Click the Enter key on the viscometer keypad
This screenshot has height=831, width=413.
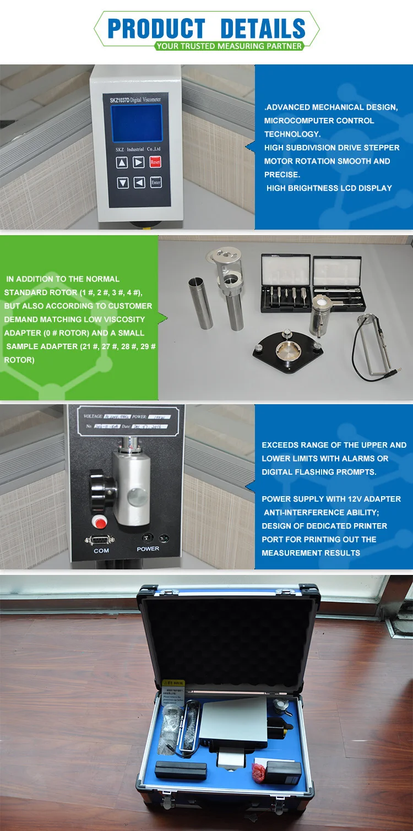(156, 182)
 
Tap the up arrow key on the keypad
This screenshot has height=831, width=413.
(122, 162)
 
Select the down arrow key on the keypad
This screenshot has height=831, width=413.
(123, 183)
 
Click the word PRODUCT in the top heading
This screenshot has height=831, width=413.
(156, 29)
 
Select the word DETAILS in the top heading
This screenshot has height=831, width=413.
(263, 29)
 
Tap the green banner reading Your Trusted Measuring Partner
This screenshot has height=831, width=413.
(229, 46)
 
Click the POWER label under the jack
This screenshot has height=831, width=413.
(148, 548)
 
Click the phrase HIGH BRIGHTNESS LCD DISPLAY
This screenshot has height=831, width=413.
(329, 188)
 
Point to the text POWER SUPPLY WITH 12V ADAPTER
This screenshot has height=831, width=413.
(331, 499)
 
